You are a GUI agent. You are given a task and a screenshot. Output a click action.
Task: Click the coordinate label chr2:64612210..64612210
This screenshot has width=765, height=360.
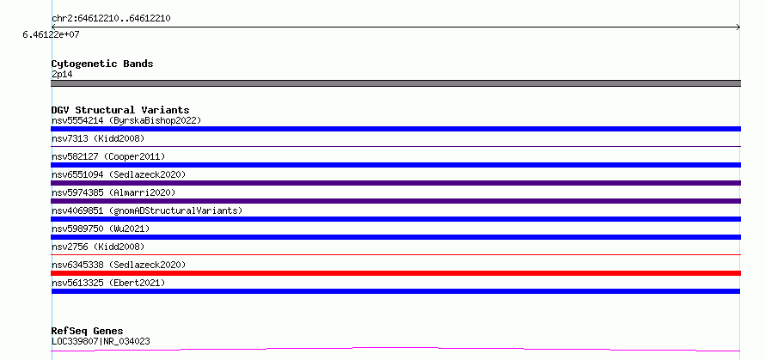111,19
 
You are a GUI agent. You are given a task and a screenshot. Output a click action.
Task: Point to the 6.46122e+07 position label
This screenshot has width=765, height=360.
51,35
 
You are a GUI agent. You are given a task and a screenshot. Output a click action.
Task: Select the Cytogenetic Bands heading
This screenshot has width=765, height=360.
102,64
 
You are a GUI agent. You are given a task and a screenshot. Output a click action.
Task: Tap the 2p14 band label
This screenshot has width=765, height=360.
62,75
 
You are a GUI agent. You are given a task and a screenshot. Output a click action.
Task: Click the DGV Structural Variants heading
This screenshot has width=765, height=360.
120,110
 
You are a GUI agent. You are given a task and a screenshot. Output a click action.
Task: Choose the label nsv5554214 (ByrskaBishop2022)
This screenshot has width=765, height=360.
126,120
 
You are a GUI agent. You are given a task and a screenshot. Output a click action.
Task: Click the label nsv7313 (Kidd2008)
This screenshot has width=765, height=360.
98,138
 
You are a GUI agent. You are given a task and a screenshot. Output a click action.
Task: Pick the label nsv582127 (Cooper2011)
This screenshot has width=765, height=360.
108,156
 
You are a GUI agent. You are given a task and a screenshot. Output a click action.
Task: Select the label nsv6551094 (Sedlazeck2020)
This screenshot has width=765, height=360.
119,174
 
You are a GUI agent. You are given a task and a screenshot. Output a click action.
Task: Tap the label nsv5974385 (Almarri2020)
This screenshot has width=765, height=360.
113,192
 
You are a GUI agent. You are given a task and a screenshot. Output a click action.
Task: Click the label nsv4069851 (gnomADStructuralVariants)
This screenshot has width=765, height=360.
147,211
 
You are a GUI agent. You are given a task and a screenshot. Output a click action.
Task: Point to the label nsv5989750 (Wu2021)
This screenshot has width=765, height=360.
101,229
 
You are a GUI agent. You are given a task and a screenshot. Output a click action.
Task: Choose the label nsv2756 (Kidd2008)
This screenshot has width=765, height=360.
98,247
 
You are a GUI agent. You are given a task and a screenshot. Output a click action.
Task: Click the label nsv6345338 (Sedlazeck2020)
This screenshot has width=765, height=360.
119,265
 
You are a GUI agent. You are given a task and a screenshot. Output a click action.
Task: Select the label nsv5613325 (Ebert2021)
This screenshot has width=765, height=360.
108,283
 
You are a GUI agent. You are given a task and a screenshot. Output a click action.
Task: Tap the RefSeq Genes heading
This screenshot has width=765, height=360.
88,332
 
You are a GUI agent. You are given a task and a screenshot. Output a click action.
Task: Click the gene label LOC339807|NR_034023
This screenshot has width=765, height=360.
101,341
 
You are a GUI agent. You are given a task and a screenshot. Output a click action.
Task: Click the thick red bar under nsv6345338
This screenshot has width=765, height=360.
395,273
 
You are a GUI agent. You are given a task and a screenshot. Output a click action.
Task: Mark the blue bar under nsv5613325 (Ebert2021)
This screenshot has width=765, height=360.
395,291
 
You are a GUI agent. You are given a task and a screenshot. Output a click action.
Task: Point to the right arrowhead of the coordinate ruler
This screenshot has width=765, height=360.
738,27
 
